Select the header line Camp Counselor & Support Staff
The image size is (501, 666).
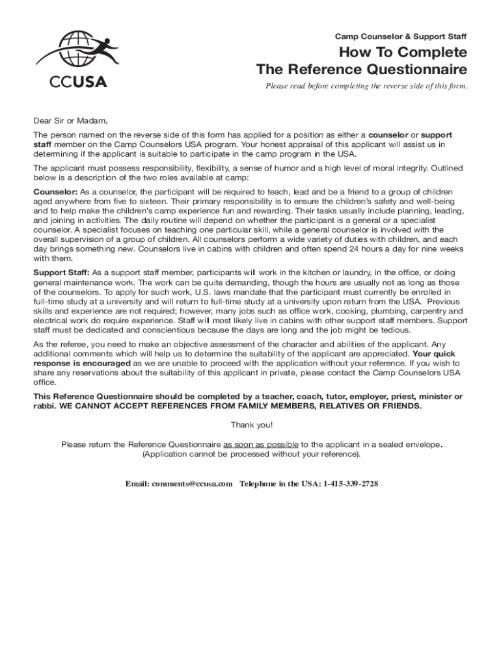pyautogui.click(x=401, y=36)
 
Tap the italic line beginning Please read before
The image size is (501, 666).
pyautogui.click(x=366, y=86)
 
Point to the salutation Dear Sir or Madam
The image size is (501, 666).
pyautogui.click(x=70, y=120)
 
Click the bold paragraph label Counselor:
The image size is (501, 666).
pyautogui.click(x=55, y=192)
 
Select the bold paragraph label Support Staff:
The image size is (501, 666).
pyautogui.click(x=62, y=273)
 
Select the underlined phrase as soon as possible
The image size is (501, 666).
pyautogui.click(x=261, y=444)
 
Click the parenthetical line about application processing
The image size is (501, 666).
pyautogui.click(x=251, y=454)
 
